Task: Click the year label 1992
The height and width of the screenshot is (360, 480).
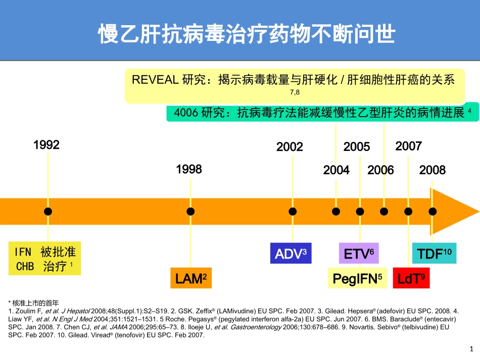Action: (46, 145)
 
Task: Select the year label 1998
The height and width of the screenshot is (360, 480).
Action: (189, 170)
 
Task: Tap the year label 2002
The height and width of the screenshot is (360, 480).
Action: (290, 147)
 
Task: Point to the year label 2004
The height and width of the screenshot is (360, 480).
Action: (337, 171)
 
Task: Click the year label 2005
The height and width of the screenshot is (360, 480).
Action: (357, 147)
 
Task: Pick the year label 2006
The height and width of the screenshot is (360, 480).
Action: (380, 171)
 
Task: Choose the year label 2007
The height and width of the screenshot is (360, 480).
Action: (408, 146)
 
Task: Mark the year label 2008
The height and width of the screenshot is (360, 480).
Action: (433, 171)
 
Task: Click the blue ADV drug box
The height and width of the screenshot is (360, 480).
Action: (291, 253)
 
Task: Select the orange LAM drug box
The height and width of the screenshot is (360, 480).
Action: (191, 278)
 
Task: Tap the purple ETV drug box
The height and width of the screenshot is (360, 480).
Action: (358, 253)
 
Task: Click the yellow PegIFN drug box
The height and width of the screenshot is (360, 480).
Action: (357, 278)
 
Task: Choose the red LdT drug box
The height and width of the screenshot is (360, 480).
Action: (411, 278)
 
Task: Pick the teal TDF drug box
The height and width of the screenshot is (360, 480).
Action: (434, 253)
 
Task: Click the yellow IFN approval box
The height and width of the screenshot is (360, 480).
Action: (45, 259)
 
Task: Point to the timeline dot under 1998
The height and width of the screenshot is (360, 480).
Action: (190, 212)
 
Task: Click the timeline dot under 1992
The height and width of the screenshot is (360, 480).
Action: (48, 212)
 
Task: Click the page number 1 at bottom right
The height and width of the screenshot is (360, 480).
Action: (471, 349)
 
